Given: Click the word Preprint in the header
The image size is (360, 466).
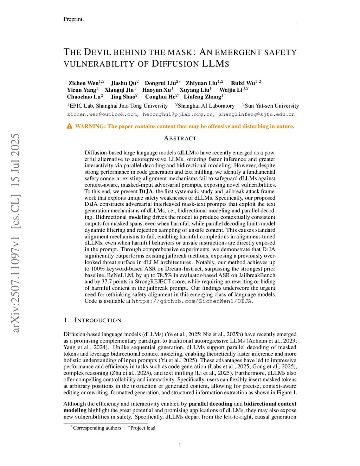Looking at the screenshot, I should coord(73,19).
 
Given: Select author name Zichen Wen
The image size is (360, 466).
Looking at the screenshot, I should coord(84,83).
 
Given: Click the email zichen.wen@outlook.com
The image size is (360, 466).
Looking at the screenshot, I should coord(102,114).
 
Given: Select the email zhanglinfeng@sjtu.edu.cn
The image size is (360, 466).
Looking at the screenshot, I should coord(257,114).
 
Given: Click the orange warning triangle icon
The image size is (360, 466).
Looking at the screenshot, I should coord(70,126).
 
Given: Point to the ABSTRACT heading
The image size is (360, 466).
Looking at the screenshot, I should coord(180,139).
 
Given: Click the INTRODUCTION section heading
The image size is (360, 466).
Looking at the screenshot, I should coord(98,320).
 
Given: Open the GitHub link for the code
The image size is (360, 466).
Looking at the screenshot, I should coord(192,301).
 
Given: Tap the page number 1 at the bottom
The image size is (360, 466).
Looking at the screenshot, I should coord(180,445).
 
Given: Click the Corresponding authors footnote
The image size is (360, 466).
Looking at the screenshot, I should coord(97,428).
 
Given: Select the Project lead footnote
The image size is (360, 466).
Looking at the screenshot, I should coord(142,428).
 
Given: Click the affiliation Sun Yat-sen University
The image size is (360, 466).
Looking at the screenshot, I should coord(271,106).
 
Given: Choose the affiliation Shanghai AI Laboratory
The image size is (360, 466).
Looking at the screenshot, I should coord(206,106).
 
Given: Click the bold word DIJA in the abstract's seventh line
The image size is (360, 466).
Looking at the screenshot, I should coord(146,191).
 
